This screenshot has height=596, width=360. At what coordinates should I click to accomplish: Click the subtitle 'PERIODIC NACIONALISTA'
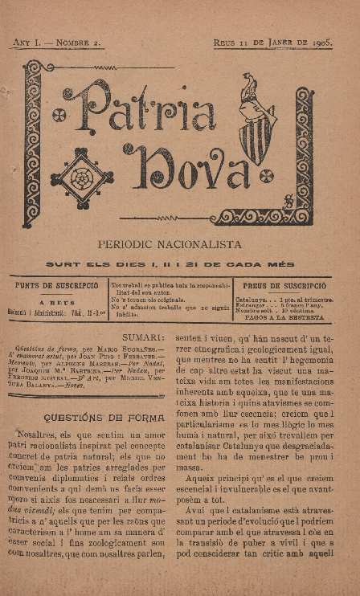coord(180,243)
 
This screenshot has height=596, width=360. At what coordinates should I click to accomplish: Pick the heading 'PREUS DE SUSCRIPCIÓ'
coord(284,285)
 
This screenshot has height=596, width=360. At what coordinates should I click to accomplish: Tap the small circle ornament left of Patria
coord(58,115)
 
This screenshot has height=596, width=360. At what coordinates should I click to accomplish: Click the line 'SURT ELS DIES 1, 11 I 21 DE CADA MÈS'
coord(180,264)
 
